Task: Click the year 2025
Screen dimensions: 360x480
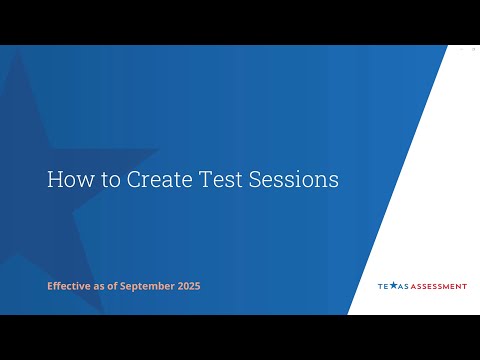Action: (x=188, y=286)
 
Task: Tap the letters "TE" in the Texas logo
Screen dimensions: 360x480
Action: (x=382, y=286)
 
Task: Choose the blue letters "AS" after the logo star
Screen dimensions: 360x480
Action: (x=402, y=286)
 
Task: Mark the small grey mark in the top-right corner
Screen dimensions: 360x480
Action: (x=473, y=48)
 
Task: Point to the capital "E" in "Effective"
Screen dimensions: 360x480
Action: (x=50, y=286)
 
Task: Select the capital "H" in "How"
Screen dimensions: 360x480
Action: (x=54, y=180)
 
